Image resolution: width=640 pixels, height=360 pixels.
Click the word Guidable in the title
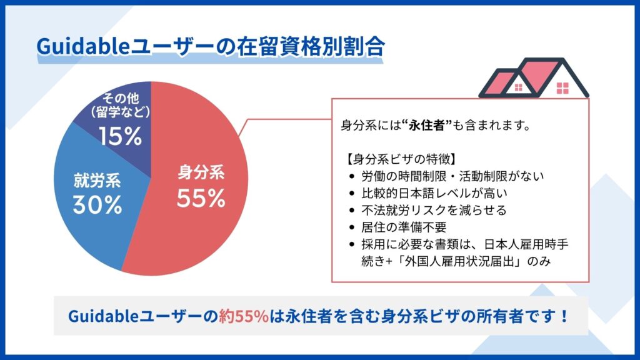coord(83,46)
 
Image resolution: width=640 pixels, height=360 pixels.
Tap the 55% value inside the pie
coord(201,198)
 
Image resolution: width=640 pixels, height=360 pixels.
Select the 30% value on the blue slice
coord(97,204)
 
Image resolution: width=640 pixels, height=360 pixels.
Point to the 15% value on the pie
coord(121,136)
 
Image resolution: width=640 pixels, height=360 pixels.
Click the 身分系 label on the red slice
coord(201,172)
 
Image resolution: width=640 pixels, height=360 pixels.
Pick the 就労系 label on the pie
coord(97,180)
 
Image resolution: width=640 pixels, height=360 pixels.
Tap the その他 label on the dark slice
coord(121,98)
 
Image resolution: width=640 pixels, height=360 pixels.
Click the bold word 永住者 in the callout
coord(427,125)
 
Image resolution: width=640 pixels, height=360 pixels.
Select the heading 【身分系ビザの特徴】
coord(401,159)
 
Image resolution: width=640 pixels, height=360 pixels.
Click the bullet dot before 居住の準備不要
coord(352,227)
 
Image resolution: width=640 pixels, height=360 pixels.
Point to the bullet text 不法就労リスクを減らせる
coord(434,210)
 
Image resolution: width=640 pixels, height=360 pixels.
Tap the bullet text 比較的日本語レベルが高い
coord(434,193)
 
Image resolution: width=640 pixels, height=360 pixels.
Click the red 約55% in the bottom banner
coord(244,316)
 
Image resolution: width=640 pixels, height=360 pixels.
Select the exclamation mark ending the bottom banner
coord(564,316)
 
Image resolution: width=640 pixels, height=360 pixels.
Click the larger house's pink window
coord(562,87)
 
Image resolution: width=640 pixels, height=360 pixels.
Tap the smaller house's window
coord(518,87)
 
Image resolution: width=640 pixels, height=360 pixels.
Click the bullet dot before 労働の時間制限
coord(352,177)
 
